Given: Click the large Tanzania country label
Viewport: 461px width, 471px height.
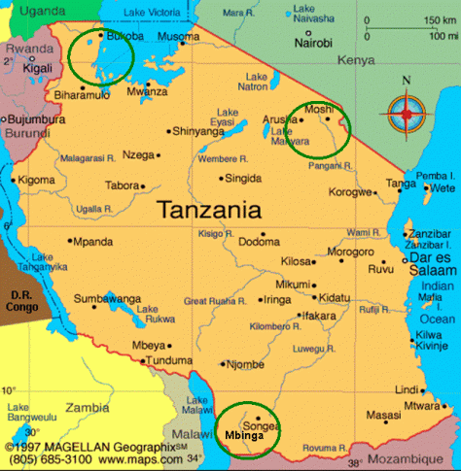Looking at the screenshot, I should [209, 209].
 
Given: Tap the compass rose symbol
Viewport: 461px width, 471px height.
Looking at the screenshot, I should [407, 114].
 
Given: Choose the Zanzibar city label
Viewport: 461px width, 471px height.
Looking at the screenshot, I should [430, 234].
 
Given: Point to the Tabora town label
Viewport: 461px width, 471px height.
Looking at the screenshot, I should [124, 185].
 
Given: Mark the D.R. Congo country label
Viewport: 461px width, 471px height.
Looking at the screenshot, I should [22, 301].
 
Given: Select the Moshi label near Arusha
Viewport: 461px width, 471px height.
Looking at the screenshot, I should [319, 110].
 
